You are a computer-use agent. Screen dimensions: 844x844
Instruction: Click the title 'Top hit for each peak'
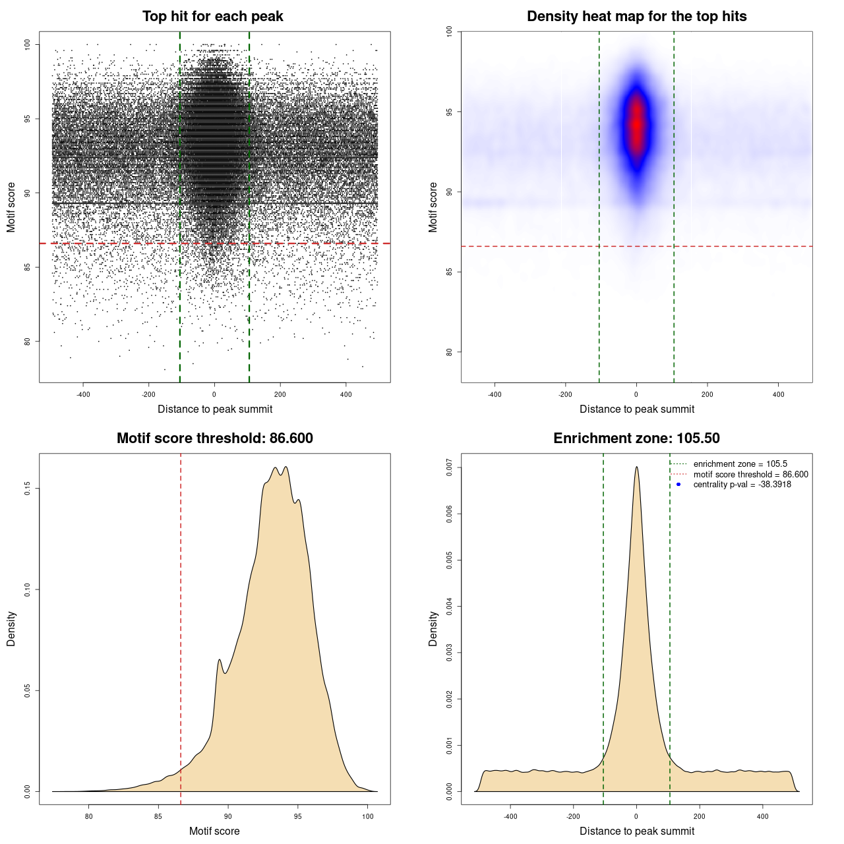coord(212,16)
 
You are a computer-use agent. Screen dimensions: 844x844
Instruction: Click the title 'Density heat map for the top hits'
coord(636,16)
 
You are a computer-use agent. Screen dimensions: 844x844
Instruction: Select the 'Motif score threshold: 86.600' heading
coord(214,438)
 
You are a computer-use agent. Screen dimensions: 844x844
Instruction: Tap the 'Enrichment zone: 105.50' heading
coord(636,438)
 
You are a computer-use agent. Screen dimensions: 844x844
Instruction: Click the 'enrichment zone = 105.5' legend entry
coord(740,464)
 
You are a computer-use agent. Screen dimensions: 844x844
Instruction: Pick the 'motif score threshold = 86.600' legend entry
coord(750,475)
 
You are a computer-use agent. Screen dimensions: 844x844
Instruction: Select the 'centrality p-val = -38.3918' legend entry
coord(742,485)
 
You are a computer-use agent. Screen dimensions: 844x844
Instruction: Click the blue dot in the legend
coord(678,485)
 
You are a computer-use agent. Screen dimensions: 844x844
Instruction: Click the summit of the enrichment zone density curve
coord(636,467)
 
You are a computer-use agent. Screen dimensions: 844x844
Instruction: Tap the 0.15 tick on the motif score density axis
coord(27,488)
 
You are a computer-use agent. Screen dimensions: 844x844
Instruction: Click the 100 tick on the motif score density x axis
coord(368,816)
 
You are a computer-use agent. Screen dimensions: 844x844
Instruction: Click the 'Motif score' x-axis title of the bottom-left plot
coord(214,831)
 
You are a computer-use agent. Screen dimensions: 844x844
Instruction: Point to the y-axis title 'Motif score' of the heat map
coord(433,207)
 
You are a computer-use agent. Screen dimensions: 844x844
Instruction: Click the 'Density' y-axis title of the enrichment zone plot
coord(433,628)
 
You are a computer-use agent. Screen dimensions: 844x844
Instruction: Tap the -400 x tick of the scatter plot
coord(83,394)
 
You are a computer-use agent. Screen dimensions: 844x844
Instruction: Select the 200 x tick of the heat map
coord(707,394)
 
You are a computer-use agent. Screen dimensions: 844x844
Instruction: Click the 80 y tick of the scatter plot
coord(27,341)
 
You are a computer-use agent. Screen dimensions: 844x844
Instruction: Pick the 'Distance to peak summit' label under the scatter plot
coord(215,409)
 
